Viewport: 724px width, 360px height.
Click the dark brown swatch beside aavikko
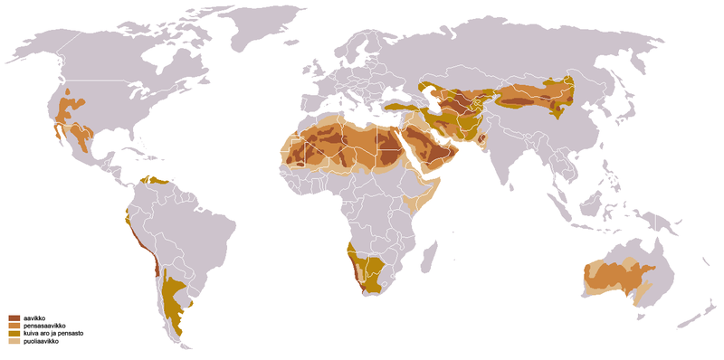coord(14,318)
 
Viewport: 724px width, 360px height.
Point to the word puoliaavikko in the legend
coord(42,342)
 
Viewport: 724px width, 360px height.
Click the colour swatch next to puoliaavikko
coord(14,342)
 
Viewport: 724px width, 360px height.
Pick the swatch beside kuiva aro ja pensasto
coord(14,335)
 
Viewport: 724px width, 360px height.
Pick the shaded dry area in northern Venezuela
coord(160,180)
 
